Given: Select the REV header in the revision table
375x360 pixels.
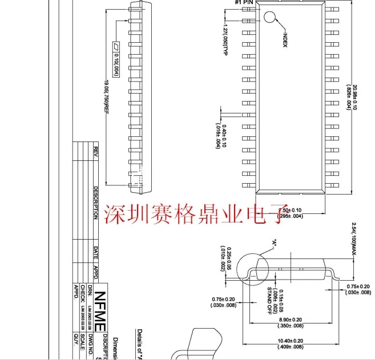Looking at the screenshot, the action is [x=96, y=152].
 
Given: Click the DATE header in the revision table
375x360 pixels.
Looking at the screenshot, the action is [x=96, y=253].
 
